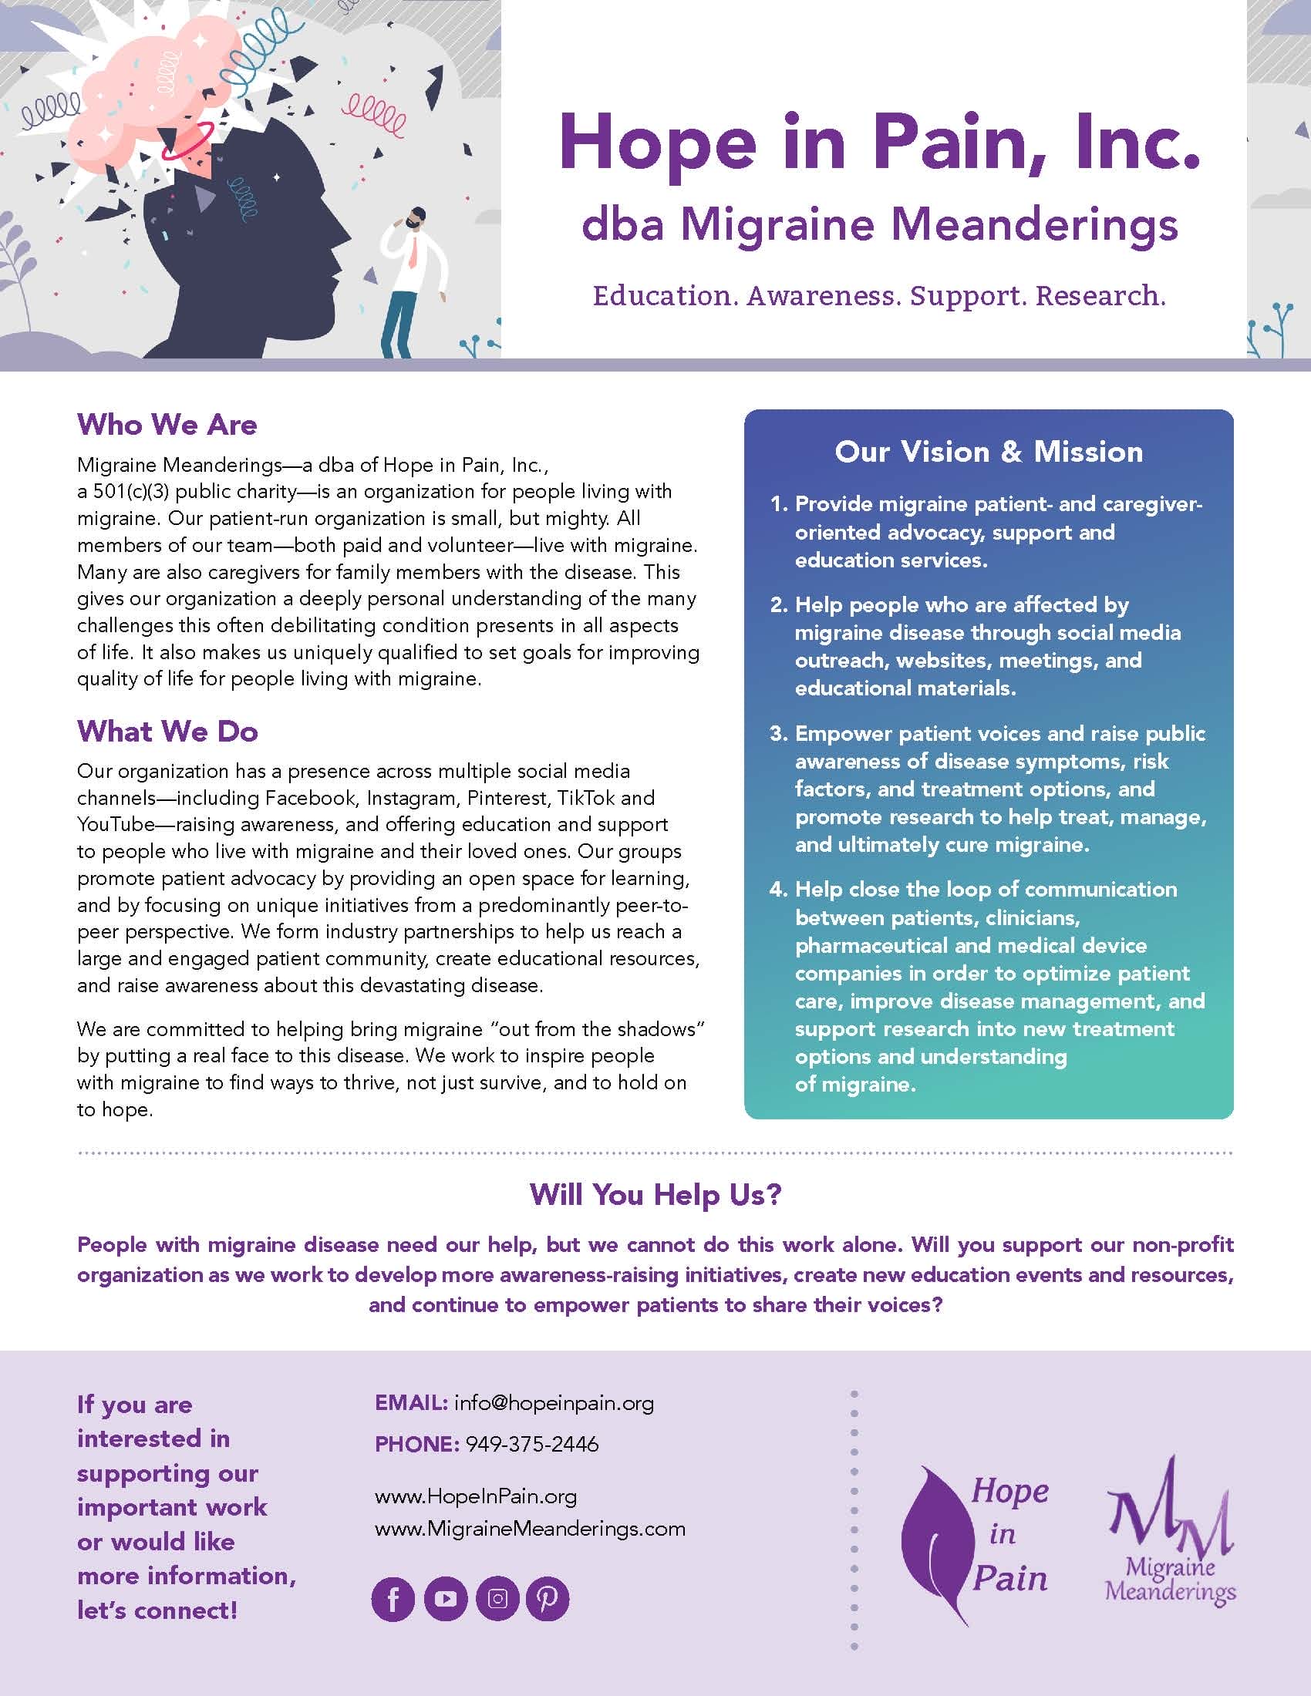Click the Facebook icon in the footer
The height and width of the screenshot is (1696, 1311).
393,1599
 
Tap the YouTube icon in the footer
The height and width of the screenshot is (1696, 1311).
445,1599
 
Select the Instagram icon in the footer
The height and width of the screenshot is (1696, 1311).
497,1599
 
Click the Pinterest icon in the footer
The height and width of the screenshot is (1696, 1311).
548,1599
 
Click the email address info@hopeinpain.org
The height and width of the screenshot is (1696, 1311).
554,1403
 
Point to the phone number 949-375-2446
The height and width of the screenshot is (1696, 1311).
532,1445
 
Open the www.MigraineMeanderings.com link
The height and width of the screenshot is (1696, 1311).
530,1529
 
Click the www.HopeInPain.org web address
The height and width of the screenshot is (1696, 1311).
475,1496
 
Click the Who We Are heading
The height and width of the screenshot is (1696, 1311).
167,425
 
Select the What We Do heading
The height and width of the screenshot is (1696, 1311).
167,732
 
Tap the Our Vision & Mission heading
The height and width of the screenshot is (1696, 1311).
988,452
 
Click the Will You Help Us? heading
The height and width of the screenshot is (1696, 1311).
655,1194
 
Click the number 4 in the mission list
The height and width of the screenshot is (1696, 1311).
778,890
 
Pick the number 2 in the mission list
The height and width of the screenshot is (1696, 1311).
778,605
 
